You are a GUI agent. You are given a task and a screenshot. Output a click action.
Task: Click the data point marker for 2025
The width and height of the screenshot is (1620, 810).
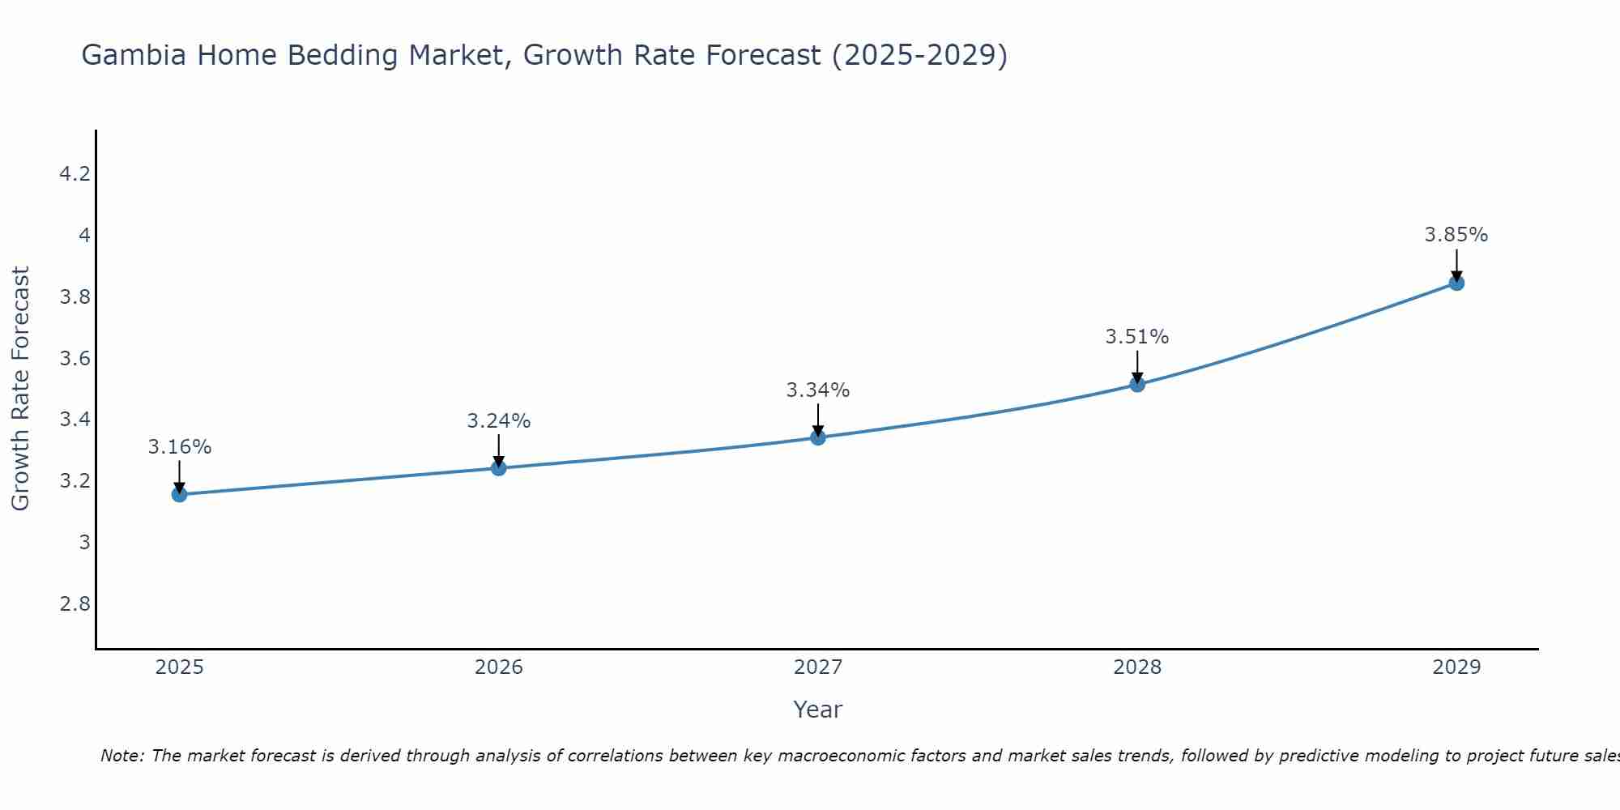(x=179, y=494)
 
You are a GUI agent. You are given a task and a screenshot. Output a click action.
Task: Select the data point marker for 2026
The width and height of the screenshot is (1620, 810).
(x=498, y=468)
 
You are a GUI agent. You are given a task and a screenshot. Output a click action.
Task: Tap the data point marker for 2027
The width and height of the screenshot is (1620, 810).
(x=818, y=437)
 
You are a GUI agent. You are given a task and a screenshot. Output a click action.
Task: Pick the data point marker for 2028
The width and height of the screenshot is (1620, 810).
(x=1137, y=384)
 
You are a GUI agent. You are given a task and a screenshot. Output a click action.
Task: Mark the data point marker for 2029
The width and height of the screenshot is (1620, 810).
(x=1456, y=283)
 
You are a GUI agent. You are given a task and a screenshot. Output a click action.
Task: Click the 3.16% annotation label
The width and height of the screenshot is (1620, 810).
(x=180, y=447)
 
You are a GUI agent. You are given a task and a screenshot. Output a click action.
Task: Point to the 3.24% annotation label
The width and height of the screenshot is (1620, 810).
(x=499, y=421)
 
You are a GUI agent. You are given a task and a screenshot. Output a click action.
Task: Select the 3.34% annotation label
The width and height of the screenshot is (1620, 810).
(x=818, y=390)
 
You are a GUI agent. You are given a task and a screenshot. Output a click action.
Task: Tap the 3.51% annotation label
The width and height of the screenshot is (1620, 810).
(x=1137, y=337)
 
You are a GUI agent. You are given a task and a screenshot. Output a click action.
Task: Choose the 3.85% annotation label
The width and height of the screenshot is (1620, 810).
(x=1456, y=235)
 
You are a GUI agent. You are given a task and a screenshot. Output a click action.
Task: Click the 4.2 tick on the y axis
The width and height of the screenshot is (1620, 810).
(x=75, y=174)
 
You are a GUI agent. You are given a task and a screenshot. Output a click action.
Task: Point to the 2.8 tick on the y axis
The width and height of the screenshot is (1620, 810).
(x=75, y=604)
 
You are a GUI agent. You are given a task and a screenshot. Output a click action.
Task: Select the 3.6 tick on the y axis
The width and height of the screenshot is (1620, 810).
(x=75, y=359)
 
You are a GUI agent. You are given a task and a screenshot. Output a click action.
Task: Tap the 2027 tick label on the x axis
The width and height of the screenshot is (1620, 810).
(x=818, y=667)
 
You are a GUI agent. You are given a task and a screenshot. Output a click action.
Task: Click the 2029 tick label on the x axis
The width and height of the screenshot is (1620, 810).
(x=1456, y=667)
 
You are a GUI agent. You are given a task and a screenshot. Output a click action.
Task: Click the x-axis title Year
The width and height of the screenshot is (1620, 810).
(x=818, y=710)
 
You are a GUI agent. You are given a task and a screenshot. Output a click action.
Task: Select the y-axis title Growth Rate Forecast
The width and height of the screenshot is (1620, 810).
(x=20, y=389)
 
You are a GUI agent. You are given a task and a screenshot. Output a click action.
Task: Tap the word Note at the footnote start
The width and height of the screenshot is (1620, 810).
(x=122, y=756)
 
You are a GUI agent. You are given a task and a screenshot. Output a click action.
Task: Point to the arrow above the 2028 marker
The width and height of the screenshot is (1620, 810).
(x=1137, y=366)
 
